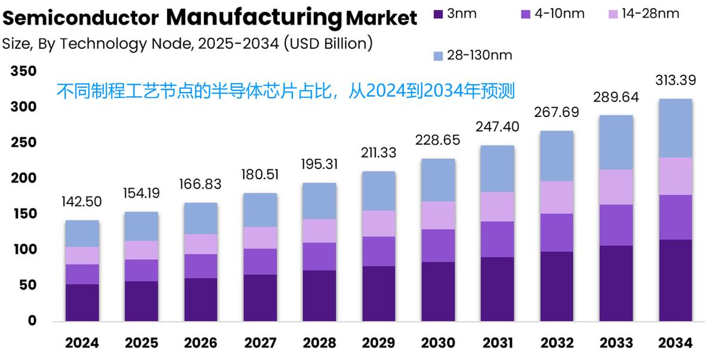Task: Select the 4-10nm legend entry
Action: tap(558, 13)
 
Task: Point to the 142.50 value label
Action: tap(82, 202)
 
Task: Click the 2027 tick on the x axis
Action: tap(261, 343)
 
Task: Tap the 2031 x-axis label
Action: tap(498, 343)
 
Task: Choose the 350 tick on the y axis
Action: tap(23, 72)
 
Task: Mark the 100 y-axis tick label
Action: tap(23, 250)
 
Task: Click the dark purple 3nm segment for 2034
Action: tap(675, 280)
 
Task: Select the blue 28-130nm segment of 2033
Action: tap(616, 142)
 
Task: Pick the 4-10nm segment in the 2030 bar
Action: tap(439, 245)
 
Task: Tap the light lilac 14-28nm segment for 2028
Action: tap(320, 230)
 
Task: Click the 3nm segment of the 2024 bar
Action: tap(82, 303)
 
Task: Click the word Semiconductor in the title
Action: tap(81, 19)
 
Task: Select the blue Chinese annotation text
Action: tap(285, 91)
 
